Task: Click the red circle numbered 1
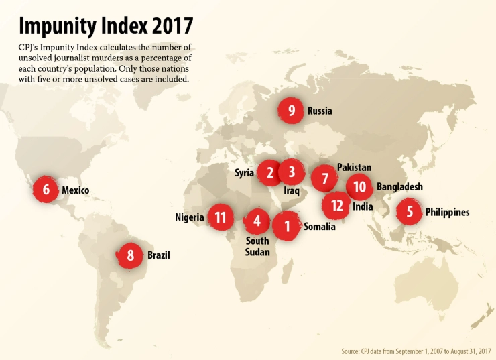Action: pyautogui.click(x=287, y=226)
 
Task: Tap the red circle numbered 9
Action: pyautogui.click(x=292, y=111)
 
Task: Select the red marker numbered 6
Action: pyautogui.click(x=46, y=190)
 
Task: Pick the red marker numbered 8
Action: pyautogui.click(x=131, y=255)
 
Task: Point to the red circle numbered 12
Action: pyautogui.click(x=336, y=205)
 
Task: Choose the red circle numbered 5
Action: pyautogui.click(x=410, y=212)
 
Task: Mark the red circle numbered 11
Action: pyautogui.click(x=221, y=217)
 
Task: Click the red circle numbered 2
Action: pyautogui.click(x=269, y=173)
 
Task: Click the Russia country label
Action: pyautogui.click(x=320, y=111)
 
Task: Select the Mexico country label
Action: pyautogui.click(x=75, y=190)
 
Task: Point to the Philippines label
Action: pyautogui.click(x=447, y=213)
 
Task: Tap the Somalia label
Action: pyautogui.click(x=319, y=227)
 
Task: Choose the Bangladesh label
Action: pyautogui.click(x=399, y=187)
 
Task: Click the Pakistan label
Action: pyautogui.click(x=354, y=167)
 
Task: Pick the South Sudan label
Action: pyautogui.click(x=257, y=247)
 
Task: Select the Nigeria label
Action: pyautogui.click(x=190, y=217)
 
